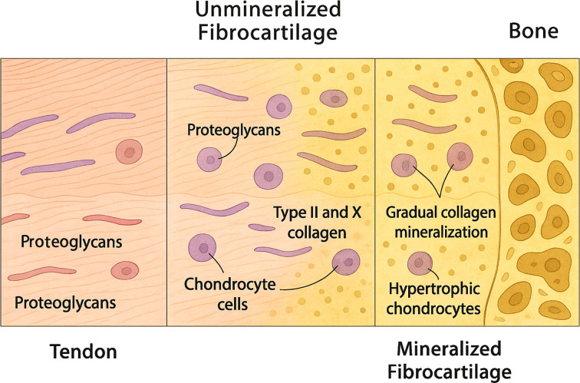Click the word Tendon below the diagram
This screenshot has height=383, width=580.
(83, 352)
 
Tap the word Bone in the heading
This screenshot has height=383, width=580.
(533, 31)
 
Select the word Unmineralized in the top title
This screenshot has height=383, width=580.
(268, 9)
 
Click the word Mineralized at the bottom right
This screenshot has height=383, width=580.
(449, 349)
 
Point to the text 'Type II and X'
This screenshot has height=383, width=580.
(317, 213)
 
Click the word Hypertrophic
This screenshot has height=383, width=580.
(434, 289)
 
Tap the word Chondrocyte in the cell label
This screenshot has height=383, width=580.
(229, 284)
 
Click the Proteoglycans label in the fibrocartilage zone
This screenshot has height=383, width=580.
(233, 130)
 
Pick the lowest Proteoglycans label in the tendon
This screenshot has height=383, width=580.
(65, 302)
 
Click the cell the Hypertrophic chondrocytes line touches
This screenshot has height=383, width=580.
(420, 263)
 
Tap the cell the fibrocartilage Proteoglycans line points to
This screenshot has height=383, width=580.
(209, 160)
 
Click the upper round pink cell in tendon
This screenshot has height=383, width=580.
(129, 151)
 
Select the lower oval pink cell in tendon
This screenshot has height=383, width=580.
(124, 270)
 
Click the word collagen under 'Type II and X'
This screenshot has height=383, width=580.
(317, 233)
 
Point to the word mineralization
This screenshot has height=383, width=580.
(441, 232)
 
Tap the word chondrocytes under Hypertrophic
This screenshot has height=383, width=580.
(433, 309)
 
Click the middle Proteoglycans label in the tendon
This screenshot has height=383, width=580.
(71, 242)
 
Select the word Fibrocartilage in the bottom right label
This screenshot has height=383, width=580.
(450, 371)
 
